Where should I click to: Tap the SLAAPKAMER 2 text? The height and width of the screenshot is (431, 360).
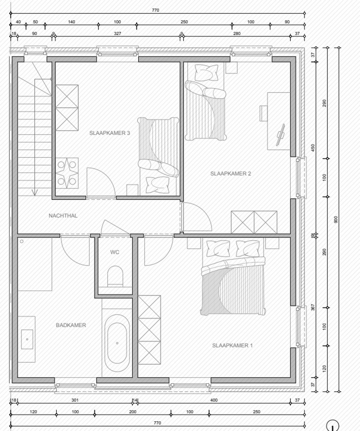(230, 174)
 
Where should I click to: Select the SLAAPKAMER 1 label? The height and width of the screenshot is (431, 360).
(232, 346)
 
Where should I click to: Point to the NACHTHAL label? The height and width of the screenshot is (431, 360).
(63, 216)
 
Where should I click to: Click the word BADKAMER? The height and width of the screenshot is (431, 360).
(71, 325)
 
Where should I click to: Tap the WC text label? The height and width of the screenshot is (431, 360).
(114, 252)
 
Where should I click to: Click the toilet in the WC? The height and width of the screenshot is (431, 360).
(115, 276)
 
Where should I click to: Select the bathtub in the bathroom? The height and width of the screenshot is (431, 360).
(117, 343)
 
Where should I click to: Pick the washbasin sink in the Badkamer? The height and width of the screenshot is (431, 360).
(27, 339)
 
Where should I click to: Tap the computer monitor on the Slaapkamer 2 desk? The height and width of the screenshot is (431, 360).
(280, 135)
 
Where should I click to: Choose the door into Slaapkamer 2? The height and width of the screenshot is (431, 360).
(196, 217)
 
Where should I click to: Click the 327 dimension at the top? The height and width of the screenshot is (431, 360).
(117, 33)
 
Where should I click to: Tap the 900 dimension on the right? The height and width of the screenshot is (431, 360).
(336, 219)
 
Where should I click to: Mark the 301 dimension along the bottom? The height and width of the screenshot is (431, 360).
(75, 400)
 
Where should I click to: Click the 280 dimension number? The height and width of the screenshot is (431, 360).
(237, 33)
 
